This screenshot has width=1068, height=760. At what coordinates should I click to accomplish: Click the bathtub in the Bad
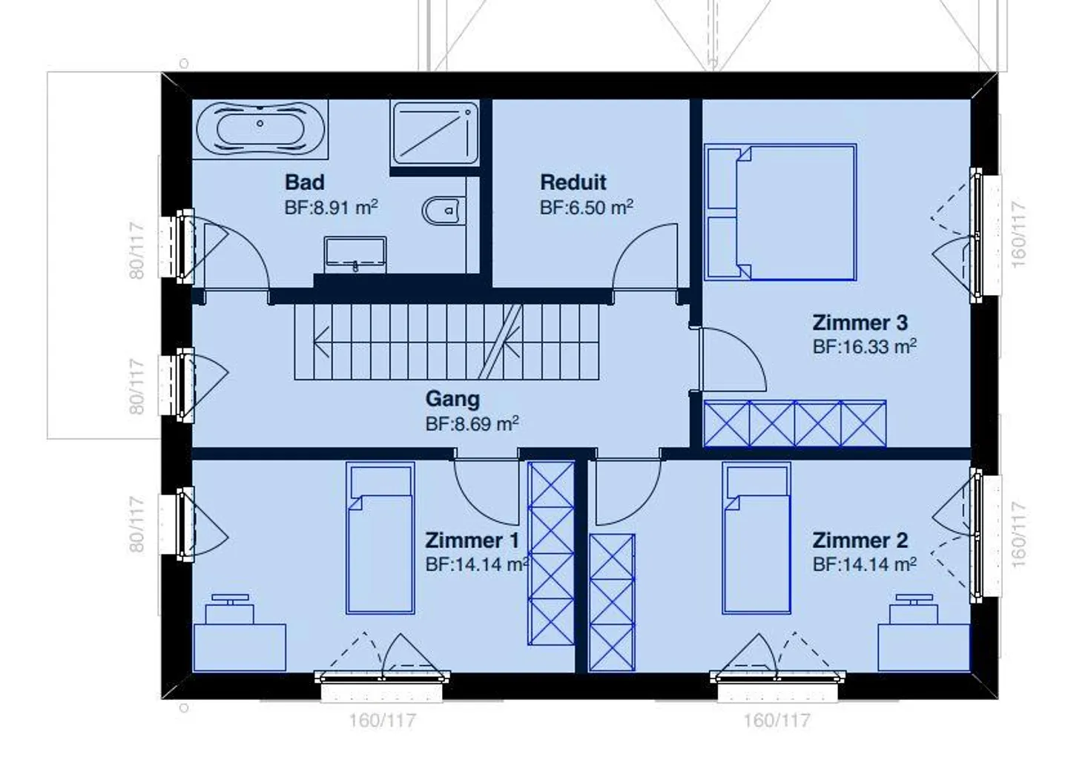[261, 129]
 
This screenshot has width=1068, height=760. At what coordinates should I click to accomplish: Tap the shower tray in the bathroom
[435, 133]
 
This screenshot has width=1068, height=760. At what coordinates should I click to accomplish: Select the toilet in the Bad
[444, 211]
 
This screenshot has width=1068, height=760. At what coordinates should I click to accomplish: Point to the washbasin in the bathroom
[355, 255]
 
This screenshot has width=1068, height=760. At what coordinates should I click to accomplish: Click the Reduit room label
[573, 182]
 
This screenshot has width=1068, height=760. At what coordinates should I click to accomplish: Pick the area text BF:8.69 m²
[472, 424]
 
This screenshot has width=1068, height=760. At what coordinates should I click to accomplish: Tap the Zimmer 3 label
[860, 323]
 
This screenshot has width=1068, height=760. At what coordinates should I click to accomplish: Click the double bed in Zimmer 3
[780, 212]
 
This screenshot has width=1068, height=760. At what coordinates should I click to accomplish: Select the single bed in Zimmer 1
[380, 538]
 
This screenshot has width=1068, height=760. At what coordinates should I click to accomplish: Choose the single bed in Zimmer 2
[756, 538]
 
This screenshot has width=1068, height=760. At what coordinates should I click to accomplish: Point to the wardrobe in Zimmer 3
[795, 423]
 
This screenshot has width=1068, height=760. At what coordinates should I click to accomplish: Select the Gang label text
[452, 399]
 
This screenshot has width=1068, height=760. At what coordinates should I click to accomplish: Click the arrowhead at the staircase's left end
[320, 342]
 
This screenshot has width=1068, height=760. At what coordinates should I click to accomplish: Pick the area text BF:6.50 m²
[587, 208]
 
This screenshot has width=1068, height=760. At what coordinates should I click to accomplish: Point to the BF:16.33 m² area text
[865, 346]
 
